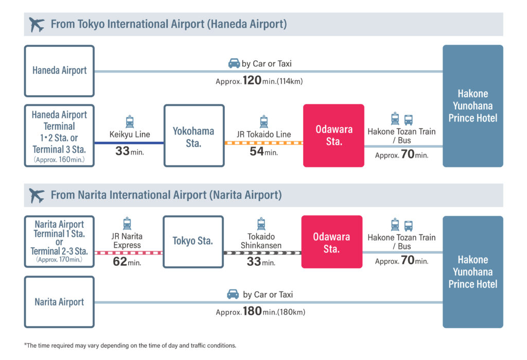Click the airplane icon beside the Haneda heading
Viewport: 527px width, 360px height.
[37, 24]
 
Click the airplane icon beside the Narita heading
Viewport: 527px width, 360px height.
[37, 196]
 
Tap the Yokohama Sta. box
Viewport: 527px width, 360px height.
[194, 135]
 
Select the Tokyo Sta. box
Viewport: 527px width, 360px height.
[194, 242]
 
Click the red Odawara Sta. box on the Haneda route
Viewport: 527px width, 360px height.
[333, 135]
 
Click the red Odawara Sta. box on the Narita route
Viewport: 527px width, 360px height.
[332, 242]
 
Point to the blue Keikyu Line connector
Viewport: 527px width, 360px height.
[129, 143]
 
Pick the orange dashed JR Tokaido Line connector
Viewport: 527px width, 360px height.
[264, 143]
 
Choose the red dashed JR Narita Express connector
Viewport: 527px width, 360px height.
[128, 253]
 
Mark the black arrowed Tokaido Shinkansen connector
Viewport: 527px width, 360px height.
[262, 253]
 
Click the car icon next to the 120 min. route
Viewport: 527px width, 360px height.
[234, 63]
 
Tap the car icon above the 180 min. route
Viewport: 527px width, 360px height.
[233, 294]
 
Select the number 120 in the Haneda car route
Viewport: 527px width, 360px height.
[252, 80]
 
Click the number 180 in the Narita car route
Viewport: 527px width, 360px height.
[252, 311]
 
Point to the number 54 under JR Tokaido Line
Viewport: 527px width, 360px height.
[257, 151]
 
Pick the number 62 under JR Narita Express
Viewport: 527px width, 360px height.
[120, 262]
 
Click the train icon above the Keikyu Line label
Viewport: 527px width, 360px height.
[130, 122]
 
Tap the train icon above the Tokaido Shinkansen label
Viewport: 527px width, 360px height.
[261, 224]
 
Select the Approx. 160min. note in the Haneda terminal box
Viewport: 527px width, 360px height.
[59, 160]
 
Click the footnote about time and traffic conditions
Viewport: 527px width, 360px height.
[130, 346]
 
